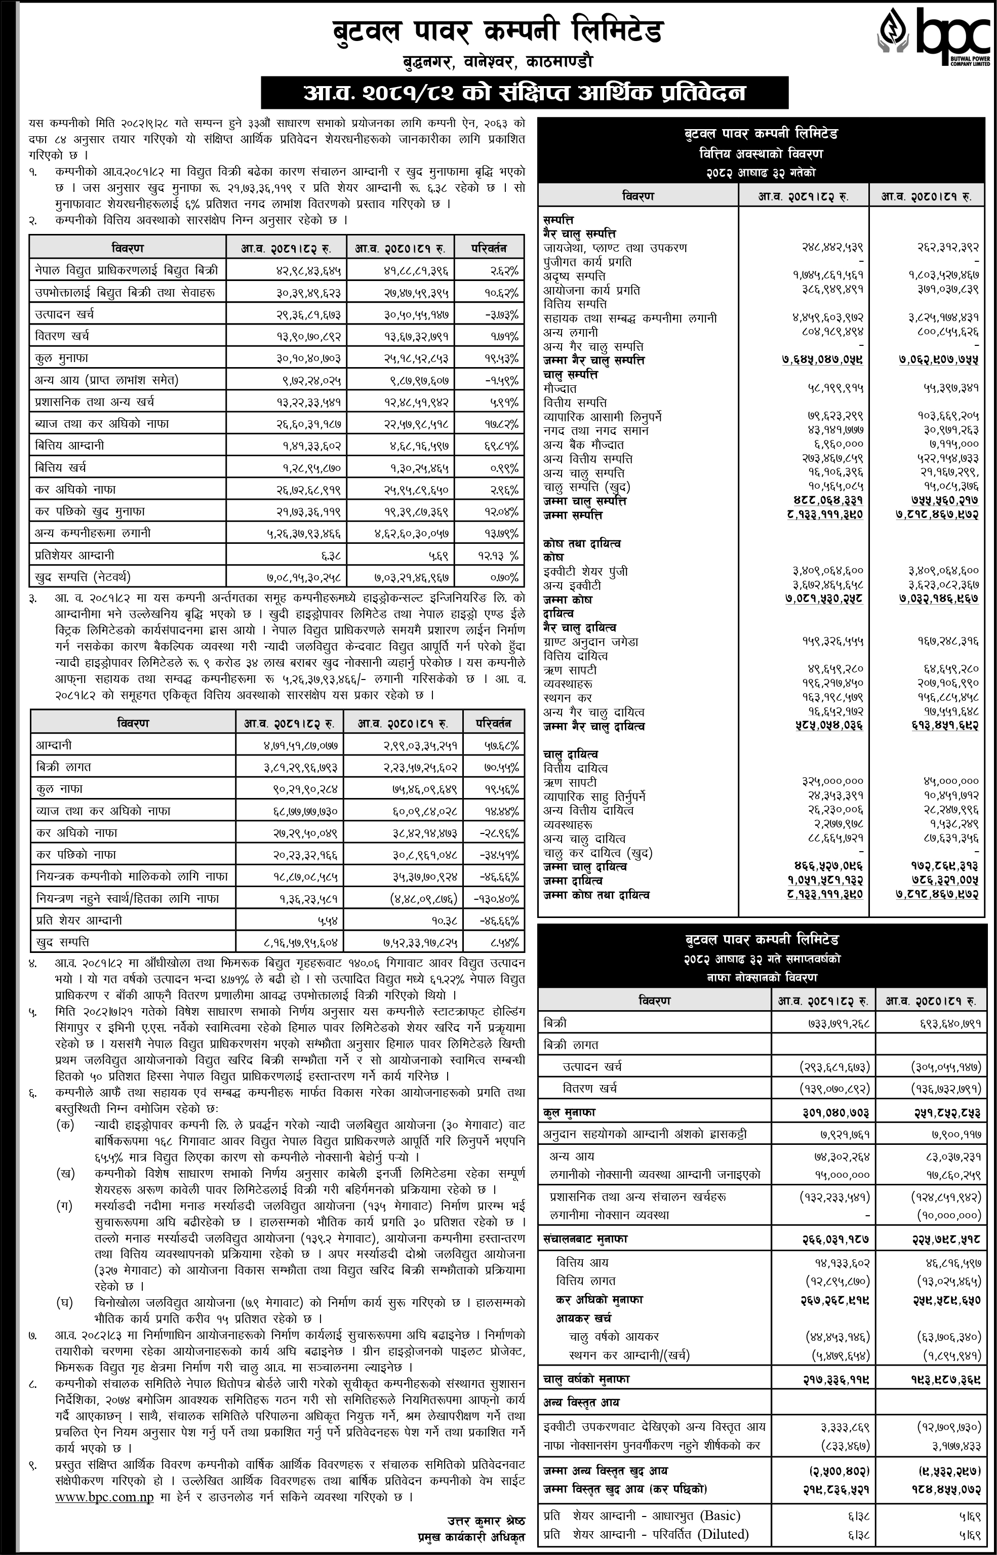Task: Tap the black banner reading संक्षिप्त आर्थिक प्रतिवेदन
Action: pyautogui.click(x=525, y=93)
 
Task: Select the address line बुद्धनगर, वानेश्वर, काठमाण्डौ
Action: pyautogui.click(x=497, y=62)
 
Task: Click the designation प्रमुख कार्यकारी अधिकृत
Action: pyautogui.click(x=471, y=1537)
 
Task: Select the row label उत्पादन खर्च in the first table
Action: pyautogui.click(x=65, y=314)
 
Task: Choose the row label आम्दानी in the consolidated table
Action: pyautogui.click(x=54, y=746)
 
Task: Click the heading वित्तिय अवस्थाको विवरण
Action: pyautogui.click(x=761, y=153)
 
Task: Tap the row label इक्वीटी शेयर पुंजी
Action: pyautogui.click(x=585, y=572)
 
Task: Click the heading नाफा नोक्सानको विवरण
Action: pyautogui.click(x=761, y=978)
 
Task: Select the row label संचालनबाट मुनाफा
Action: pyautogui.click(x=585, y=1239)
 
